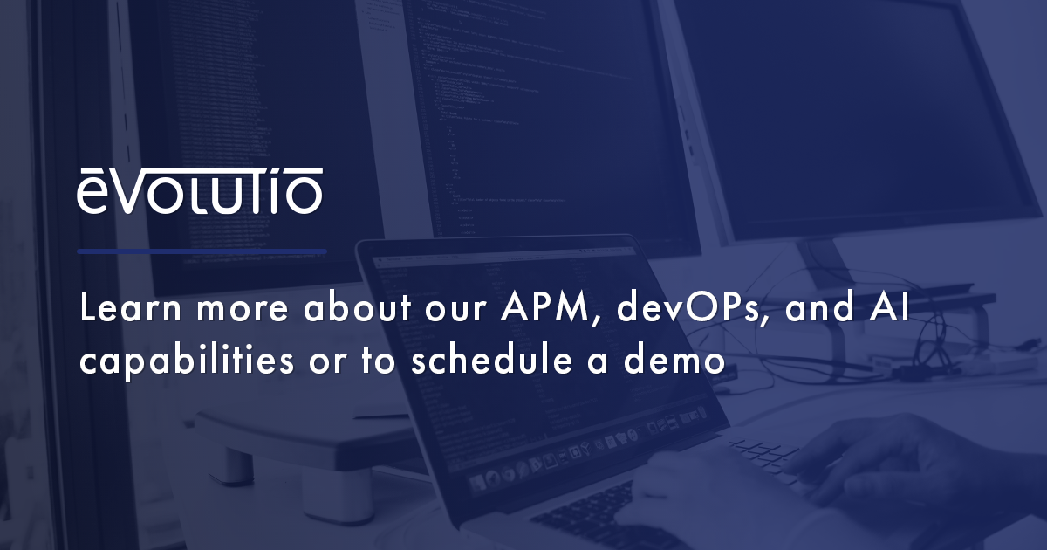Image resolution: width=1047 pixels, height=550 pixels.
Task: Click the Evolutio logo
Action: point(200,192)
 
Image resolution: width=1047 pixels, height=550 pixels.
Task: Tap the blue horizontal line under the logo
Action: point(202,251)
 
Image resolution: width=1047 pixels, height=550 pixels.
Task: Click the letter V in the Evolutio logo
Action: point(129,196)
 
